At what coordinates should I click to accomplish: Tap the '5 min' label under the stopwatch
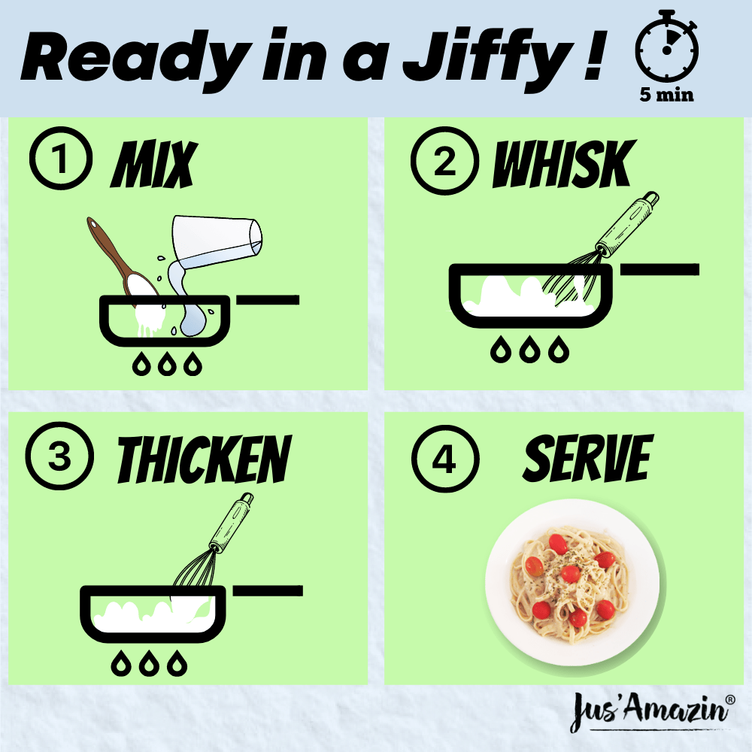[666, 96]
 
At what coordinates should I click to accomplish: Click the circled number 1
[60, 162]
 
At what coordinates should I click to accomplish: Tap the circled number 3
[59, 458]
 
